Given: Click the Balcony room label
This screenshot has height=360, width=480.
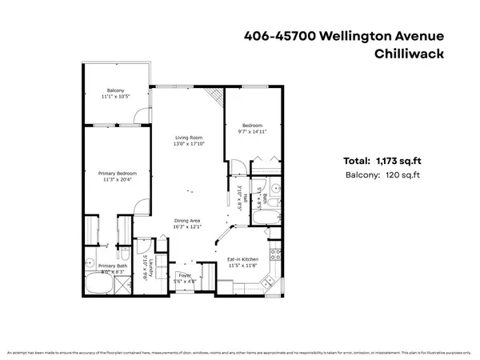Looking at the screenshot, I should (111, 90).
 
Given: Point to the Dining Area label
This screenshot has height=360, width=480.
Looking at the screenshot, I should (189, 220).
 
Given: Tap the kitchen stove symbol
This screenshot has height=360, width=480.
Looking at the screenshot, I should (277, 256).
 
